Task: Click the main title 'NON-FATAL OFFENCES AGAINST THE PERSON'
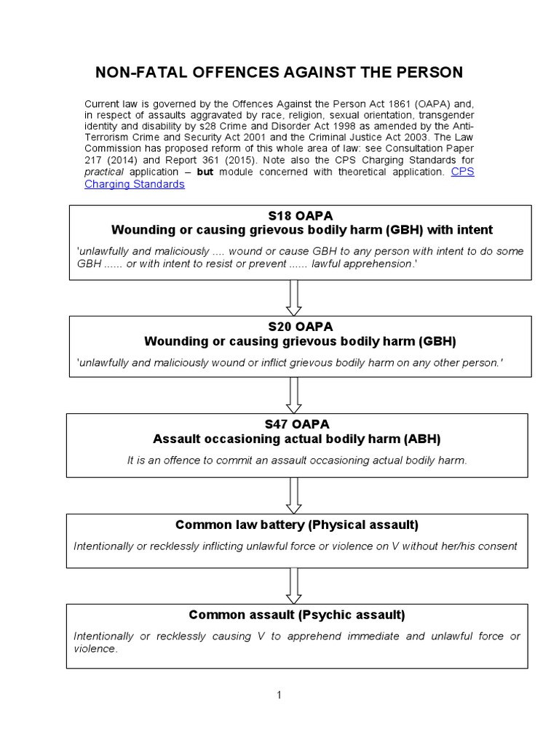[x=279, y=72]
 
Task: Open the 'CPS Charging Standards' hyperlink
[x=135, y=184]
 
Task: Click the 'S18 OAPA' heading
[x=300, y=215]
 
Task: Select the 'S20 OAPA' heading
[x=300, y=327]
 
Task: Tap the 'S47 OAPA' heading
[x=298, y=424]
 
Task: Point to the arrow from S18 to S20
[x=294, y=297]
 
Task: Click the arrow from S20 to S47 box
[x=294, y=395]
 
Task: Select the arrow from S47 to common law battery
[x=294, y=495]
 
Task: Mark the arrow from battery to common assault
[x=294, y=584]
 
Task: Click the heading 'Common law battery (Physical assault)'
[x=297, y=525]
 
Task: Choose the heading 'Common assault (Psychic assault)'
[x=297, y=615]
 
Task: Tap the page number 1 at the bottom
[x=279, y=695]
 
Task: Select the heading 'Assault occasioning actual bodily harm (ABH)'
[x=297, y=439]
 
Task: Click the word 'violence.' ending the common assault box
[x=95, y=648]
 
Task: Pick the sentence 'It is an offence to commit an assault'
[x=218, y=460]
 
